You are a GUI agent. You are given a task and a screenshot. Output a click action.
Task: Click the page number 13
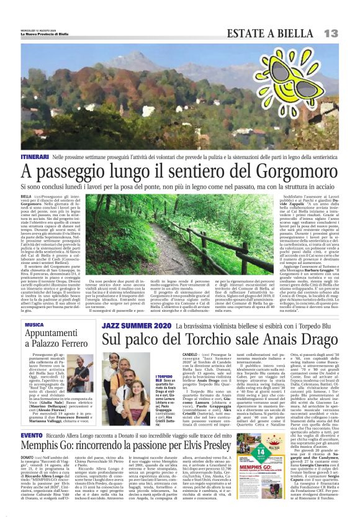pos(330,32)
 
